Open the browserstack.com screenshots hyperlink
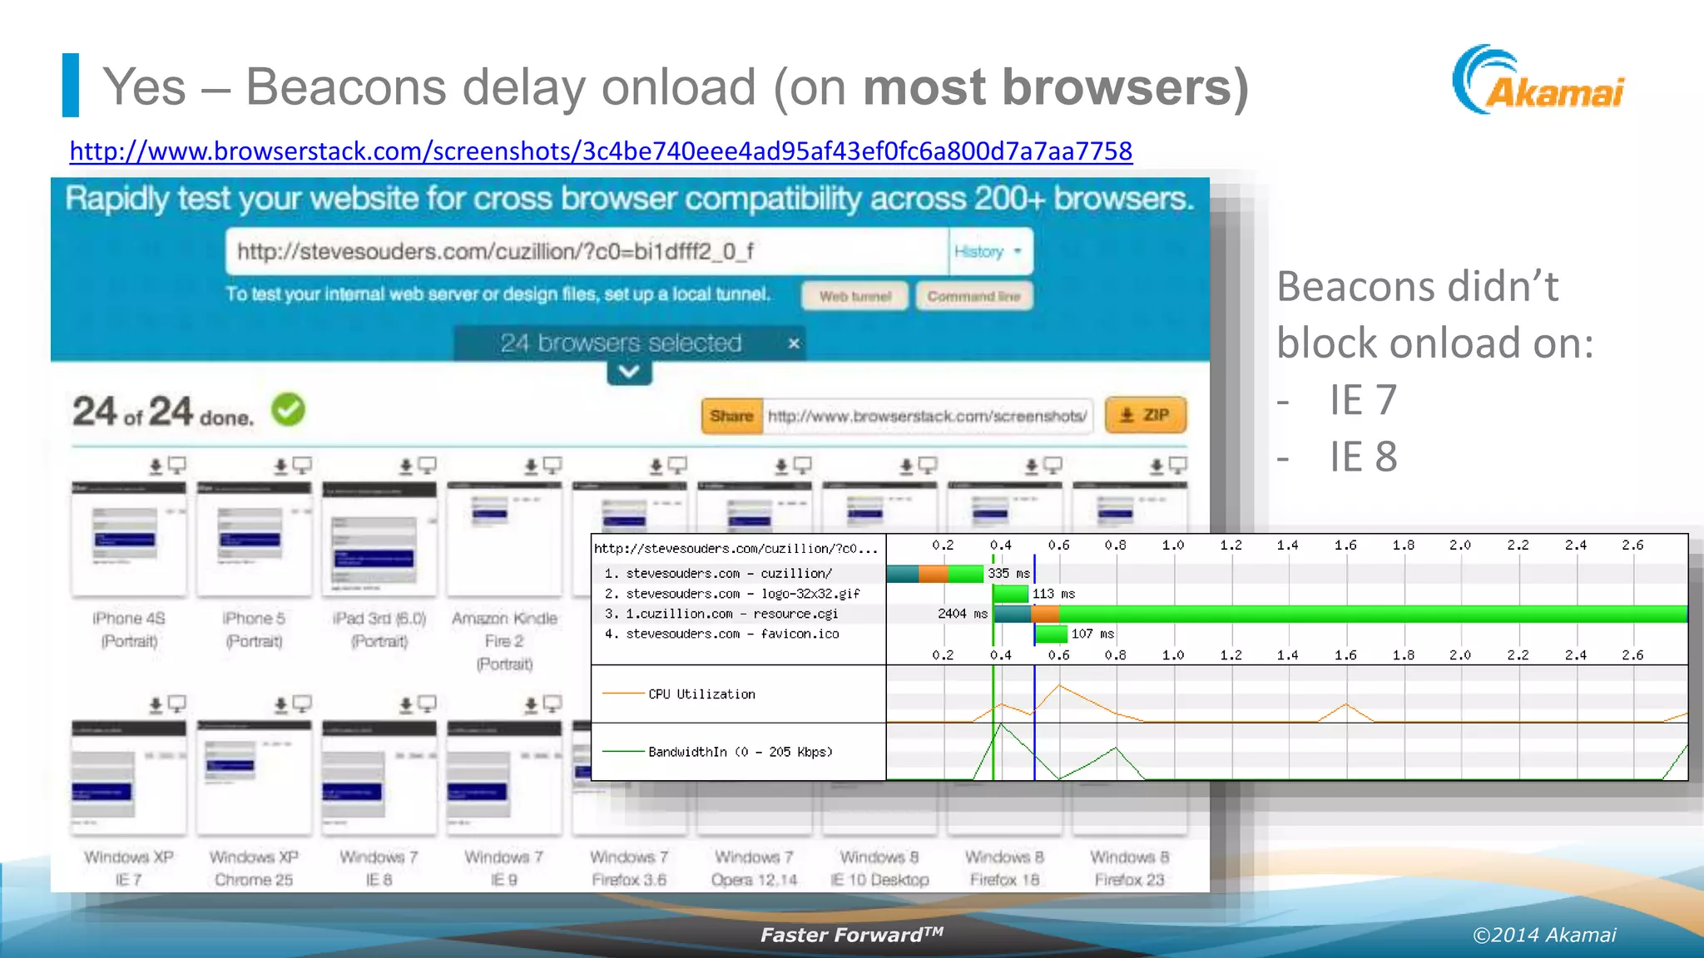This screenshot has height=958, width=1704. [x=600, y=151]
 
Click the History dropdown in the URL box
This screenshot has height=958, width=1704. [x=988, y=251]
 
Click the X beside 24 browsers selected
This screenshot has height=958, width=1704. [x=794, y=343]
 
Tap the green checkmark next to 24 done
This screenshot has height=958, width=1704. [x=289, y=409]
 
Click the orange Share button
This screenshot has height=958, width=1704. [x=731, y=416]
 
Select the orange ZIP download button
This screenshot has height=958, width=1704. [x=1145, y=415]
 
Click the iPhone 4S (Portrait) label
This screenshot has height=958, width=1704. [x=129, y=630]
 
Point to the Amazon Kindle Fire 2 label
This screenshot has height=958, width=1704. [x=504, y=640]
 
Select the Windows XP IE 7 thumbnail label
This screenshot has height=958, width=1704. [x=129, y=868]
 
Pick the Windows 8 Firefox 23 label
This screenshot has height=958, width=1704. [x=1129, y=868]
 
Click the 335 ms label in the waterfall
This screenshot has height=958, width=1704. [x=1008, y=574]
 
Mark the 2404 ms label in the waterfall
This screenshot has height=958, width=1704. [x=962, y=614]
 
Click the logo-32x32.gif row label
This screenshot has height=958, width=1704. [x=732, y=594]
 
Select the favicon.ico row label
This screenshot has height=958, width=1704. [x=722, y=634]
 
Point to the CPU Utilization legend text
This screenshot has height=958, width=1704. [x=701, y=694]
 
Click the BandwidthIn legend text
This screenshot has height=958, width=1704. [x=740, y=752]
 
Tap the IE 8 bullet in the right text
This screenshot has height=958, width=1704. [x=1363, y=457]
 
